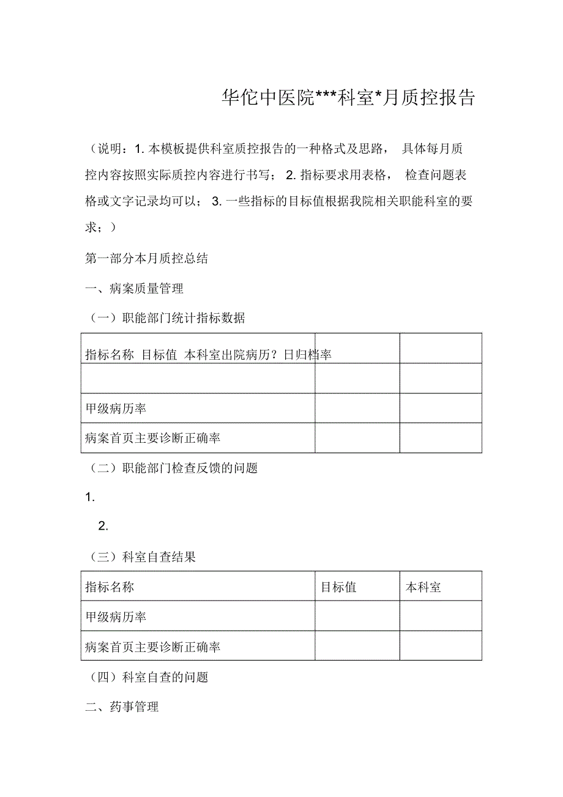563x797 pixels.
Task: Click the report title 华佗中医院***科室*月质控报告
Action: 348,98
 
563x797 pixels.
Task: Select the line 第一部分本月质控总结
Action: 146,259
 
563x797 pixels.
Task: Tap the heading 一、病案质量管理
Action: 134,289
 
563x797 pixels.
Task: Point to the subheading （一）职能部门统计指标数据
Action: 165,318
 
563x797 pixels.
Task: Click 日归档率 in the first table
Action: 307,355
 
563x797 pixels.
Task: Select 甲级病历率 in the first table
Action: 116,409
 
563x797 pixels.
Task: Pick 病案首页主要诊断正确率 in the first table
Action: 153,438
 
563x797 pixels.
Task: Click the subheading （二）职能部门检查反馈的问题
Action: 171,469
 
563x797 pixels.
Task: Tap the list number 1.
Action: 90,498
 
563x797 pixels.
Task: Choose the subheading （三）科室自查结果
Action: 140,557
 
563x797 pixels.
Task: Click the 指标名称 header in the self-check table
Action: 110,587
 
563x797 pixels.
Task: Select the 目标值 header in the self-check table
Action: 338,587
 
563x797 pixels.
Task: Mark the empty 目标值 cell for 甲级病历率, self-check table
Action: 357,617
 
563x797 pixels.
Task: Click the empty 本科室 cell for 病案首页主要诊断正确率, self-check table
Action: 441,647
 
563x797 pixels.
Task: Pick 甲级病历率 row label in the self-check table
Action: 116,617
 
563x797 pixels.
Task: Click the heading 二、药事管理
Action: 122,707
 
